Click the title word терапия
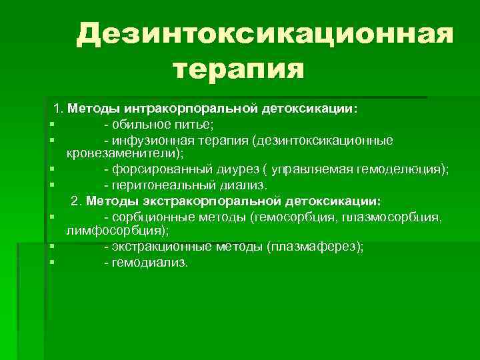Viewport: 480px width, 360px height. (238, 69)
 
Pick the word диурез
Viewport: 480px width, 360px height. (230, 170)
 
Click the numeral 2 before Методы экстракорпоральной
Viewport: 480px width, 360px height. (75, 201)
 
